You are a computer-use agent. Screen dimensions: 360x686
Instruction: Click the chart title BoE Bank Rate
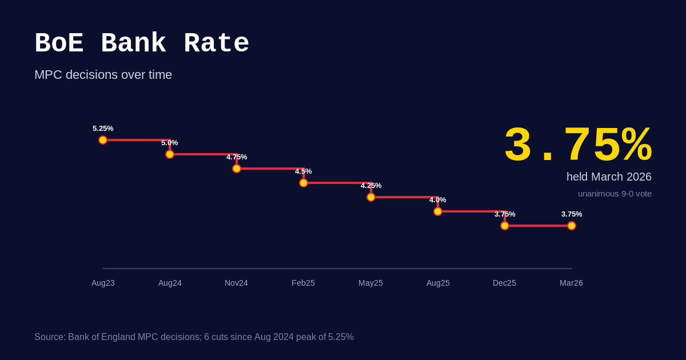142,44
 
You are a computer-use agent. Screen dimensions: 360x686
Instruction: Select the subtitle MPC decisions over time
103,75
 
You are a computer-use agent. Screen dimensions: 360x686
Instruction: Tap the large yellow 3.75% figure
577,146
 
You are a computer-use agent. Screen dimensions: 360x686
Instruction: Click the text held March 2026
609,177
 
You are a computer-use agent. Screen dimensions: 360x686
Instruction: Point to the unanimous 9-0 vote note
615,194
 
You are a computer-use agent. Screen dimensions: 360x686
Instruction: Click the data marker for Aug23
103,140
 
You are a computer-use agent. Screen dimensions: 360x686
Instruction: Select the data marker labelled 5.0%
170,154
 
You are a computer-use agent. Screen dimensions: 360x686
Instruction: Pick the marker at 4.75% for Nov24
237,169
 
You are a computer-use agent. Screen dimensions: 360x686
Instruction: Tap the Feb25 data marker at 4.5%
304,183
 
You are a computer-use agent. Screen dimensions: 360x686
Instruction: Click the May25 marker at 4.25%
371,197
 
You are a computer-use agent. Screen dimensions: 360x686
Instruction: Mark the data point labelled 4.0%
438,211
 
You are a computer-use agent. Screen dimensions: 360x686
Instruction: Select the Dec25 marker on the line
505,226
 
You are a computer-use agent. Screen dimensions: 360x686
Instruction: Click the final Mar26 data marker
572,226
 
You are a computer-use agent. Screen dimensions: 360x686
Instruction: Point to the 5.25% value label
103,129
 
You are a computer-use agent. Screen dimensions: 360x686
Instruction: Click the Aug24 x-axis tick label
170,283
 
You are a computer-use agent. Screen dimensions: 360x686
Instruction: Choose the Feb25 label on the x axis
303,283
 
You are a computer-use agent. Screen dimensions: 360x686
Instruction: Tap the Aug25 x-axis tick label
438,283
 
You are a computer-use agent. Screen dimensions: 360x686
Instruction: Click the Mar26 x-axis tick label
571,283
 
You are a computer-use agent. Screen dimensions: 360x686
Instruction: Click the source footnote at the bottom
194,337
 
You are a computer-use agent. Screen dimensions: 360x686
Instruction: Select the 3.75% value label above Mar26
572,214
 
